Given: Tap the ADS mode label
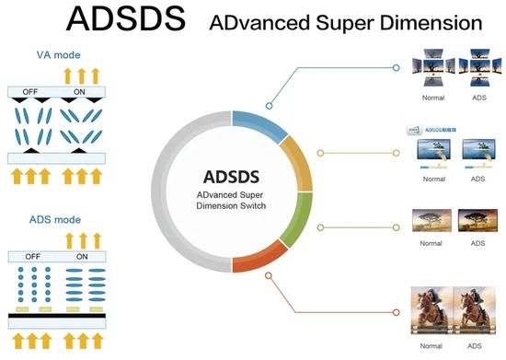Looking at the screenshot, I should tap(56, 221).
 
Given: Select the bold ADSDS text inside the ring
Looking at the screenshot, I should tap(232, 176).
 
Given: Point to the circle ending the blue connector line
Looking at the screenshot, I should tap(396, 67).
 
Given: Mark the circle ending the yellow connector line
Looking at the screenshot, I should tap(397, 152).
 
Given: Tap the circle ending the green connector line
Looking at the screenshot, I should tap(397, 226).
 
